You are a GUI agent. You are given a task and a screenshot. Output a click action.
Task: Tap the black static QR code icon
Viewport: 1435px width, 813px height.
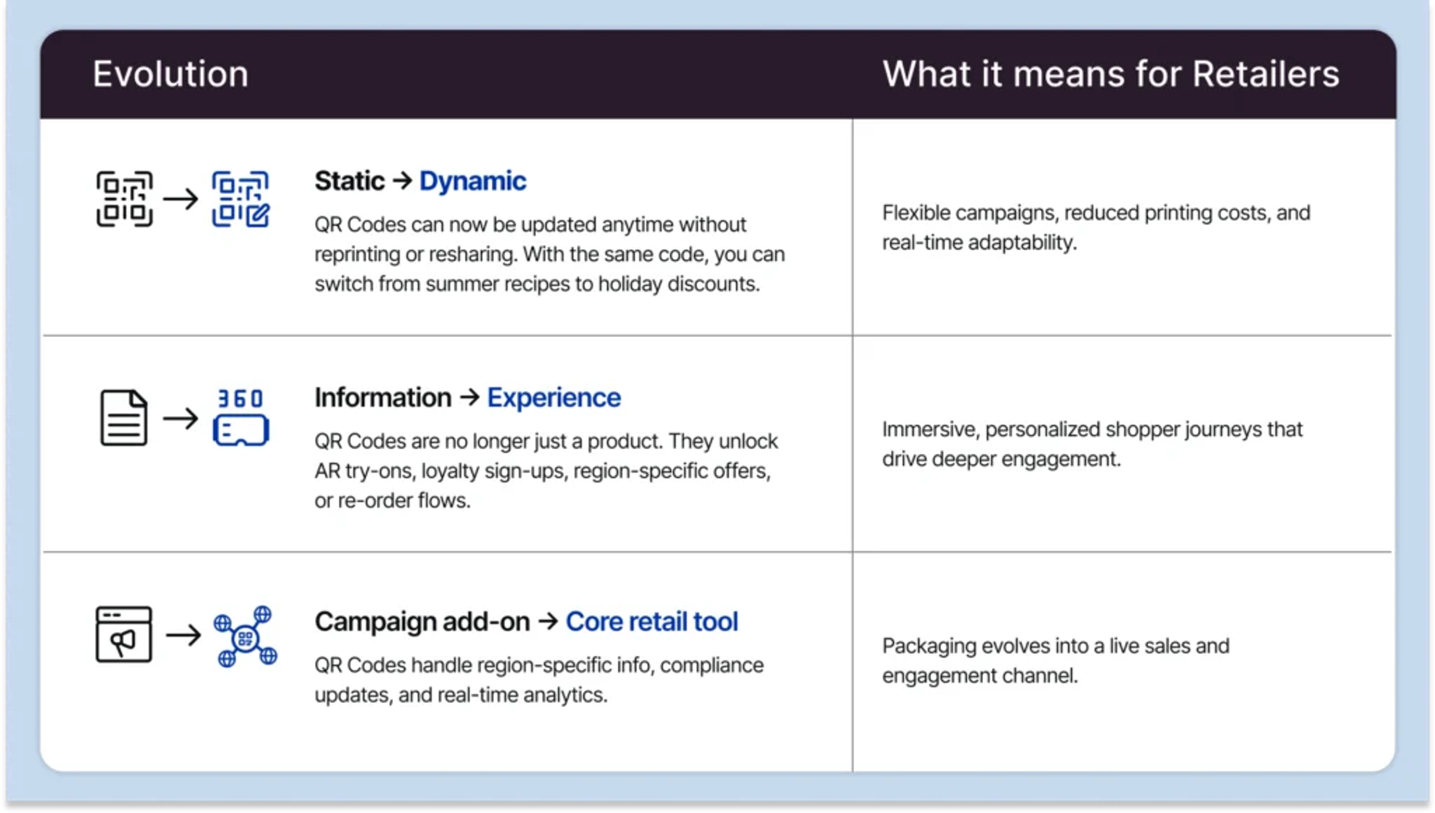click(x=124, y=199)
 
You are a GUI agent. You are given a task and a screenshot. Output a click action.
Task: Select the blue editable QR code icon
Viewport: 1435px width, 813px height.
click(x=241, y=199)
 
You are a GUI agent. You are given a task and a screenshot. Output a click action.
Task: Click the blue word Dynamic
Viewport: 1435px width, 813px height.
click(x=473, y=181)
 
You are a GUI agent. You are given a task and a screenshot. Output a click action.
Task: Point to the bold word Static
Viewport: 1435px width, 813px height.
click(x=349, y=181)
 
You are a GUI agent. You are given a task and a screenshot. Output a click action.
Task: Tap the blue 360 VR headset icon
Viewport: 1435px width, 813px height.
click(x=241, y=417)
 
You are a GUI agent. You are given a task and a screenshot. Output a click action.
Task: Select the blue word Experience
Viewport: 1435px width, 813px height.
click(x=554, y=398)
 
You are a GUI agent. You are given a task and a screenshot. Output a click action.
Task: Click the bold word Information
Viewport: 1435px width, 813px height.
click(x=383, y=398)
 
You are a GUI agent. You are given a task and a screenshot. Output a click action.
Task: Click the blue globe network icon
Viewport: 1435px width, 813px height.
click(x=245, y=636)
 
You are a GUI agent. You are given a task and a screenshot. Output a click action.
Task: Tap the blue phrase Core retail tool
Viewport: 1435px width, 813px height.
click(x=651, y=622)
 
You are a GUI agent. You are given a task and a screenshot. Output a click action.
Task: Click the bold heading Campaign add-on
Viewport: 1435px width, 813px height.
click(x=422, y=622)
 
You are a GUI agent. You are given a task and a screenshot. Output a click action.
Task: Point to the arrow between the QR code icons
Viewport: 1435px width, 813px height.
click(x=181, y=199)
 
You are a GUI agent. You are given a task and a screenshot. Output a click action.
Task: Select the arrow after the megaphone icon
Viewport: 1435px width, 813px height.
click(x=183, y=635)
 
